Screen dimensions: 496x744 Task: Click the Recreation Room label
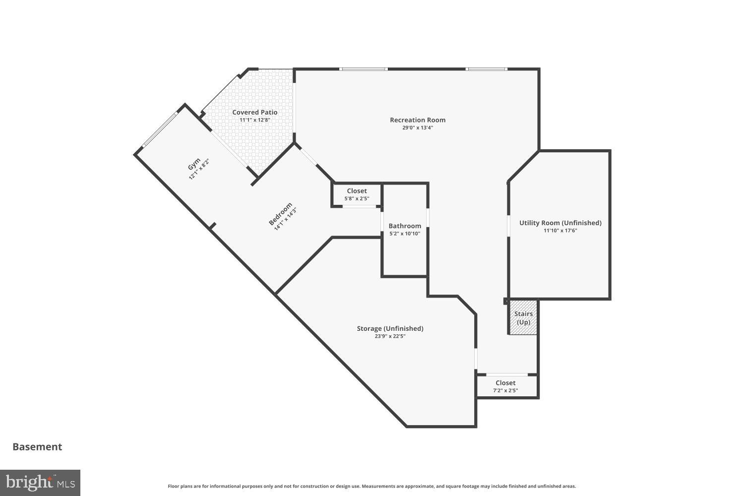coord(418,120)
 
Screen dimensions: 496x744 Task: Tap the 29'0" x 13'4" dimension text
coord(418,128)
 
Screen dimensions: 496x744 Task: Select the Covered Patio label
coord(255,112)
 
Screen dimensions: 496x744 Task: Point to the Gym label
coord(193,164)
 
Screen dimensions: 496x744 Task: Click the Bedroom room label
coord(280,215)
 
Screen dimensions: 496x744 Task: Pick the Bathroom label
coord(405,226)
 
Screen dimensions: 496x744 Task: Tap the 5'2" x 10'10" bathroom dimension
coord(405,234)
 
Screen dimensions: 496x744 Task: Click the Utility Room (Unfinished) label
coord(560,223)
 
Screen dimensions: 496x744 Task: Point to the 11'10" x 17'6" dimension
coord(560,231)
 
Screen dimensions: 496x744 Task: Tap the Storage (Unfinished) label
coord(390,328)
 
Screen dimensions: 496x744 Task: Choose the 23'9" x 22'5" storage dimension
coord(390,336)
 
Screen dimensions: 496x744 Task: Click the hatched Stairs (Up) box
coord(523,317)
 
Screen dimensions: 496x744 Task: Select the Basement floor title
coord(37,446)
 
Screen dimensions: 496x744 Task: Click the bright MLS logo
coord(40,483)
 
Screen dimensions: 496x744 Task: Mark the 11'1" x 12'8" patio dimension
coord(255,120)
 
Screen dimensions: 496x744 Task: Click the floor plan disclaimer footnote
coord(372,487)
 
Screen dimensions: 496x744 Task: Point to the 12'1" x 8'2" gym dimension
coord(199,169)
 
